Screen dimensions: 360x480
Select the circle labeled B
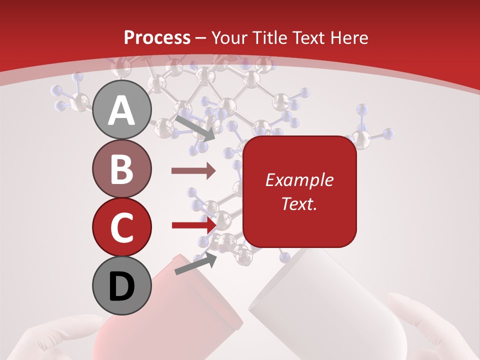click(x=122, y=168)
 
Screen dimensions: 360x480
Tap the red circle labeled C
click(x=122, y=227)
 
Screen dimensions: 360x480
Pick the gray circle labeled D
click(x=122, y=286)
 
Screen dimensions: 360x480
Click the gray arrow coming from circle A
click(x=195, y=128)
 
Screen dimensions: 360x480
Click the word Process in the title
click(x=157, y=37)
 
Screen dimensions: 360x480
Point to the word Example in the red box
click(x=299, y=180)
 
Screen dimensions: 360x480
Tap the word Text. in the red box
click(x=299, y=203)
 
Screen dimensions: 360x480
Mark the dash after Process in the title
click(x=200, y=38)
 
